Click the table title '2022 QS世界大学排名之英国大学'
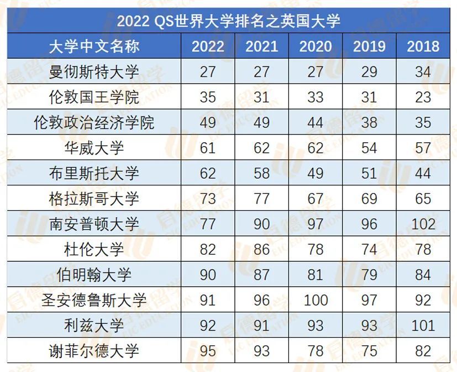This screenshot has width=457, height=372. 228,20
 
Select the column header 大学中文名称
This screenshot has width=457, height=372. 94,46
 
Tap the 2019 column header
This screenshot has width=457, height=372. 369,46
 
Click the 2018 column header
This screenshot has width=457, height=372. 423,46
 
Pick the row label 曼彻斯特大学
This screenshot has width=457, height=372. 94,71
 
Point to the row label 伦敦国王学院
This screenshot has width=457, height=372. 94,97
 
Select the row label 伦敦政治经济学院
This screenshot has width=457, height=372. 94,122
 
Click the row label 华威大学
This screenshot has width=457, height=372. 94,147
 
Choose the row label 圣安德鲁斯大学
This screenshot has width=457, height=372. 94,300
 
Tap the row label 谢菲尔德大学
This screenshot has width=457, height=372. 94,351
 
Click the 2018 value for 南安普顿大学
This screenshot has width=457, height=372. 423,224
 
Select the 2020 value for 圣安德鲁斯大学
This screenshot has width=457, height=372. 316,300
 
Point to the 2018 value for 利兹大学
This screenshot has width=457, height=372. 423,325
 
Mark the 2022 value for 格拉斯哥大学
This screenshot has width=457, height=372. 208,198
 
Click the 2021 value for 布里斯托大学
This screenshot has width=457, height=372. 261,173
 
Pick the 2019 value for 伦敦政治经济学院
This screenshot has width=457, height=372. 369,122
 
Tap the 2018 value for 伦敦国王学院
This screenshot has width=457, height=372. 423,97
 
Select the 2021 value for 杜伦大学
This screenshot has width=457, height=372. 261,249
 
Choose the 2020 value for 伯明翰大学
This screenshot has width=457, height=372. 316,275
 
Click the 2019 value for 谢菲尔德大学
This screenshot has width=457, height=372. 369,351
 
